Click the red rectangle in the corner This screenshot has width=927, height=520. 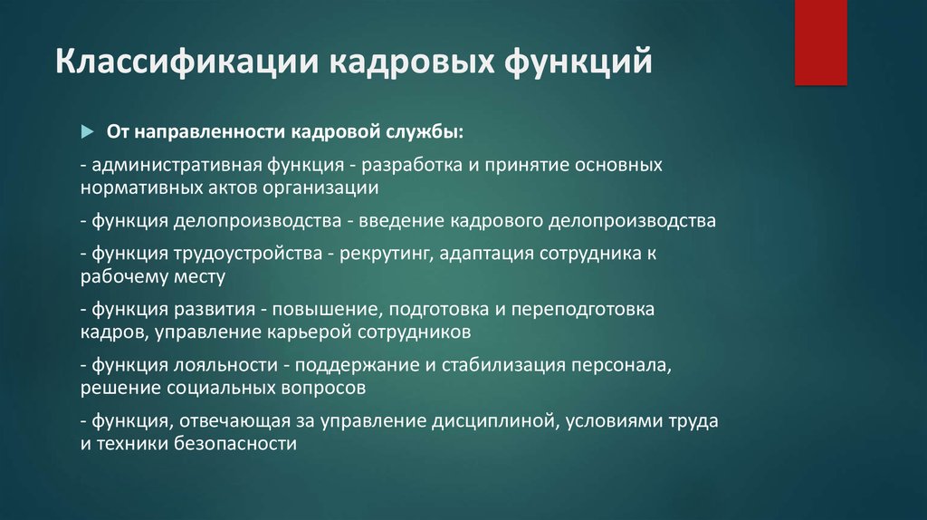click(820, 42)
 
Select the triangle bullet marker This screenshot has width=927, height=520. click(88, 131)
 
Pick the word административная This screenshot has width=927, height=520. click(177, 165)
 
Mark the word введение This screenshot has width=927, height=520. click(401, 221)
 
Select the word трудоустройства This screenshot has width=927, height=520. click(248, 254)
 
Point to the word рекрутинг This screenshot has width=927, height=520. click(387, 254)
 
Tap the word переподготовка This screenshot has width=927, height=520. click(583, 310)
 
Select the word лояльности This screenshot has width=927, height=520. click(225, 365)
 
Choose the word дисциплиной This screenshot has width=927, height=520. click(495, 421)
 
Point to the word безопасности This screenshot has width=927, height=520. click(234, 444)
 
